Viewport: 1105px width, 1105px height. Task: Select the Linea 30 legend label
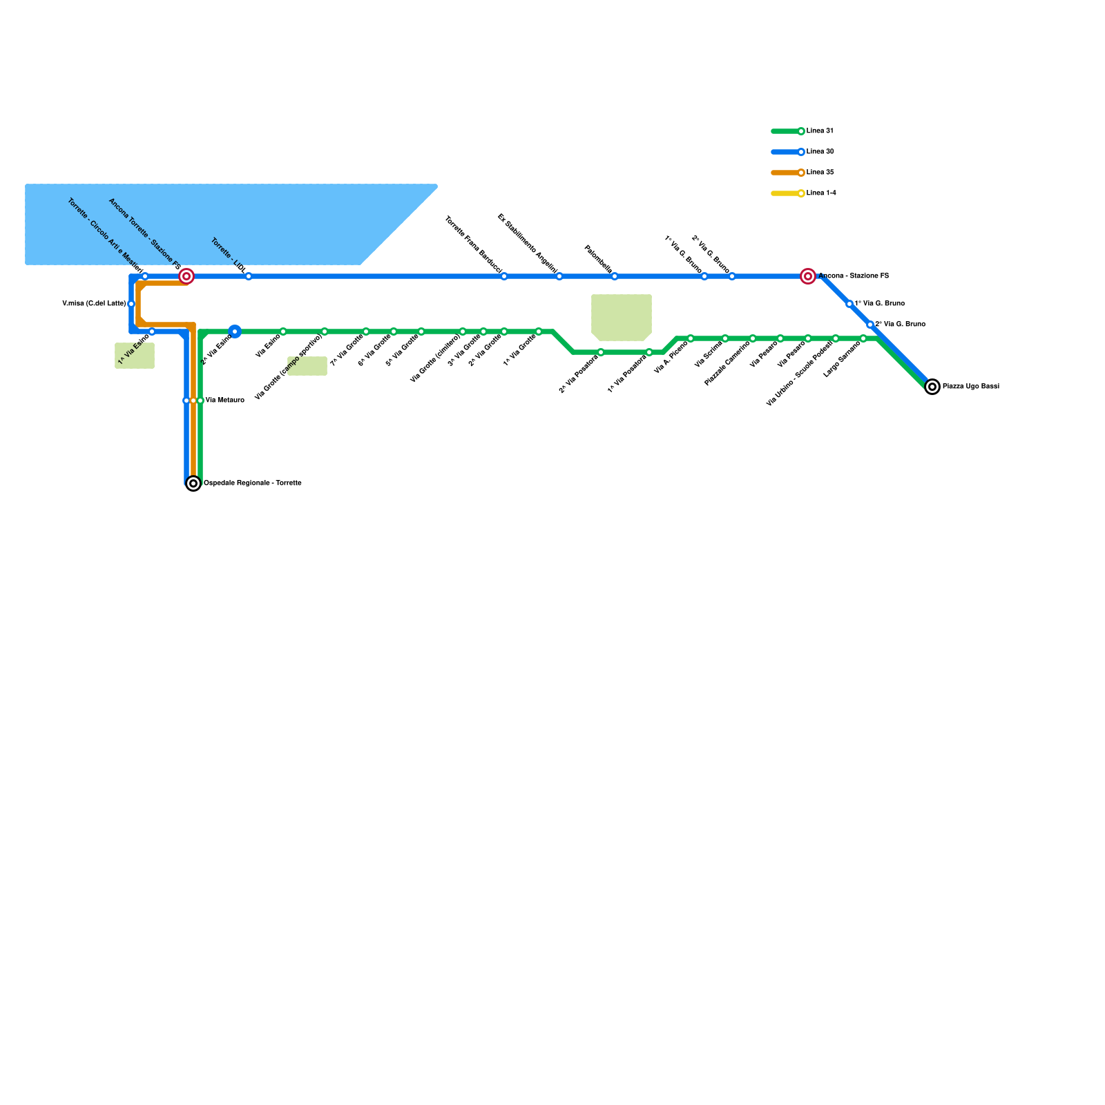[820, 152]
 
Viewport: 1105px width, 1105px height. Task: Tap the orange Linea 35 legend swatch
[786, 173]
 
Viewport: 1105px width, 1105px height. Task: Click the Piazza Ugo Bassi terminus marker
[932, 387]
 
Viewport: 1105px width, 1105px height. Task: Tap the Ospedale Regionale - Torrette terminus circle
[193, 483]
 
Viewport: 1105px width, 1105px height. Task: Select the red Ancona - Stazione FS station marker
[808, 276]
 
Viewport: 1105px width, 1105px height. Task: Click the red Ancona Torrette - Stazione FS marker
[186, 276]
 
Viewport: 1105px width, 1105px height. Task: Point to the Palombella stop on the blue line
[615, 276]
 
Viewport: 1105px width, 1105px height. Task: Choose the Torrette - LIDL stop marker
[249, 276]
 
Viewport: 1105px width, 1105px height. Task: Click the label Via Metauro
[224, 401]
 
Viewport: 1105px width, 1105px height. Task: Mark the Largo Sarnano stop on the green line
[863, 338]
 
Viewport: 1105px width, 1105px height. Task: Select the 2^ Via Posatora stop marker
[601, 352]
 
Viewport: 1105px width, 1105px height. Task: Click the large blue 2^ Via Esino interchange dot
[235, 331]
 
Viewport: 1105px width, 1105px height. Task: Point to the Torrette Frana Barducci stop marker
[504, 276]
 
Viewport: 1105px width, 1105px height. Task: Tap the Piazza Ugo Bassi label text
[970, 387]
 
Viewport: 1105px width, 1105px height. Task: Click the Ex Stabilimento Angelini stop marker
[559, 276]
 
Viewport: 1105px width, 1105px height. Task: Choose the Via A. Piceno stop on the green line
[691, 338]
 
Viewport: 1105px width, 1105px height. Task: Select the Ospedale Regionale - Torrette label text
[252, 483]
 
